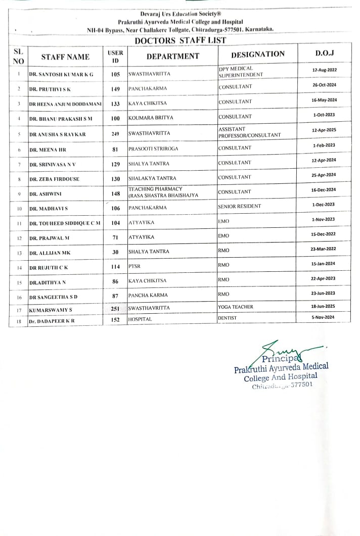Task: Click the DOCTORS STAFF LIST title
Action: (x=180, y=41)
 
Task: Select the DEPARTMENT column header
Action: (x=173, y=57)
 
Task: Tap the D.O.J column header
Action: (x=325, y=54)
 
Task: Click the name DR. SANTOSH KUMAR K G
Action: (x=61, y=74)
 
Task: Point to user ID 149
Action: (x=115, y=89)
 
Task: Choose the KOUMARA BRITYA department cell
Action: (x=151, y=118)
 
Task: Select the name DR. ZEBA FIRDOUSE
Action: (x=54, y=179)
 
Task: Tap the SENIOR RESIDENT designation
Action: (x=240, y=207)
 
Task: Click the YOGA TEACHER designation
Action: (x=236, y=307)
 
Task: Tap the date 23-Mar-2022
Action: (x=324, y=248)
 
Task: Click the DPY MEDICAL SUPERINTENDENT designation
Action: (x=241, y=72)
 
